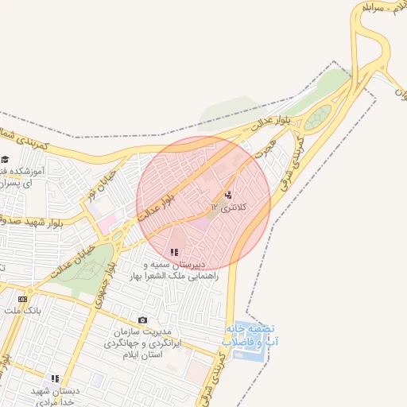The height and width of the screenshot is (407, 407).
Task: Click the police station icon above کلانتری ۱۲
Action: click(x=229, y=195)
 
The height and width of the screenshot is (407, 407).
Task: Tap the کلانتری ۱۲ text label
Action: click(x=230, y=207)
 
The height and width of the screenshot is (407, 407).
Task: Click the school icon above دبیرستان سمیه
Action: click(x=174, y=252)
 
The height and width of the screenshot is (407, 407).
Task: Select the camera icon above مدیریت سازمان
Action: click(x=143, y=320)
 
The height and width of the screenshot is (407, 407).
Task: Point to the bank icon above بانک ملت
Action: click(x=22, y=298)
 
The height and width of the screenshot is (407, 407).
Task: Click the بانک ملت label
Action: click(x=22, y=309)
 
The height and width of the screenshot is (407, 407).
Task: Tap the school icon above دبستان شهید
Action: click(x=55, y=379)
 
